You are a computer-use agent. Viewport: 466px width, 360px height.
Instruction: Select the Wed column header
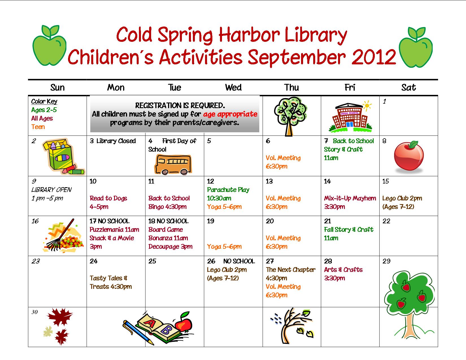pyautogui.click(x=233, y=88)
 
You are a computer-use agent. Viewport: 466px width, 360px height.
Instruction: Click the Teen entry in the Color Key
pyautogui.click(x=38, y=127)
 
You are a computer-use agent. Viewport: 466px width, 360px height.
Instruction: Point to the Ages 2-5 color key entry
pyautogui.click(x=44, y=110)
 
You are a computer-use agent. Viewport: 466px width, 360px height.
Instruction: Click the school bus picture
pyautogui.click(x=173, y=165)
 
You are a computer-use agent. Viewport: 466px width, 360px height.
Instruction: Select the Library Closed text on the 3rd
pyautogui.click(x=116, y=141)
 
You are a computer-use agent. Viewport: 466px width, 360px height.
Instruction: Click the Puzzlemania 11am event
pyautogui.click(x=114, y=230)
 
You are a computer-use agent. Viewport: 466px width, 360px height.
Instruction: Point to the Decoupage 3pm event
pyautogui.click(x=170, y=246)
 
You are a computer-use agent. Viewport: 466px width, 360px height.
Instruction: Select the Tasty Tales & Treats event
pyautogui.click(x=111, y=282)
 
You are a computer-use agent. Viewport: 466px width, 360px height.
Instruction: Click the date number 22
pyautogui.click(x=386, y=221)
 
